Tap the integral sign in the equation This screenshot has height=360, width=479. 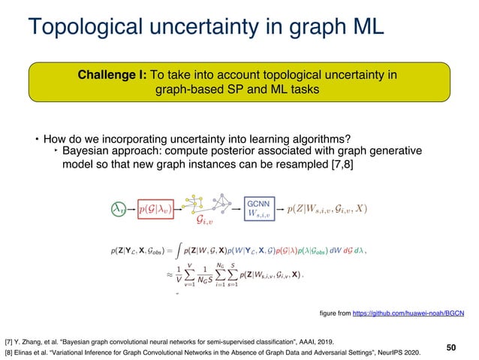214,249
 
